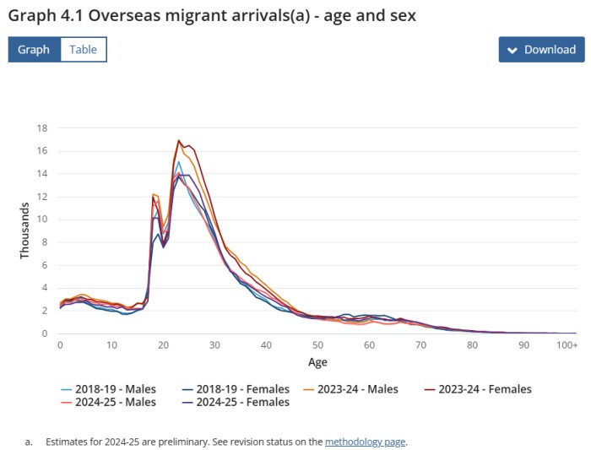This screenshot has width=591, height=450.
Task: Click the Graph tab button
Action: (x=34, y=50)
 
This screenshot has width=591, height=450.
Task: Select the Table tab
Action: (x=83, y=50)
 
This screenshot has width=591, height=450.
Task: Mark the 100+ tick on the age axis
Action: (x=567, y=346)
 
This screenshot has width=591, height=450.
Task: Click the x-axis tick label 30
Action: (x=214, y=346)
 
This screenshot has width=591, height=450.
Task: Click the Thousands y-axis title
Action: (x=25, y=231)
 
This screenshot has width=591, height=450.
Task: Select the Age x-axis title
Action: (x=317, y=362)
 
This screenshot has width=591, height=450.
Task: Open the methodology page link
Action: (x=366, y=442)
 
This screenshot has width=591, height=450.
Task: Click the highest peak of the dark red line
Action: (x=179, y=140)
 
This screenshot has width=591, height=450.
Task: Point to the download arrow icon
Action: (x=512, y=50)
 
